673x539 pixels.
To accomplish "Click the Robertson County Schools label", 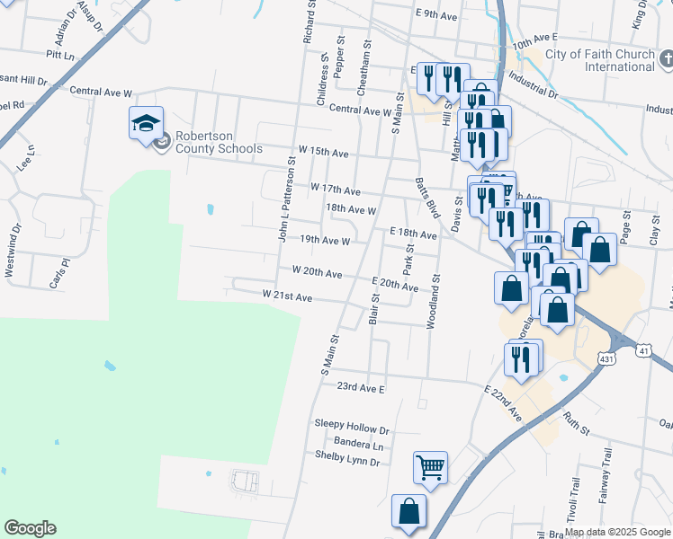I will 219,143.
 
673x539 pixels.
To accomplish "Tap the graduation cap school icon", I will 146,124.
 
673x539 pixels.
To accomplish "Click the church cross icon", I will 667,60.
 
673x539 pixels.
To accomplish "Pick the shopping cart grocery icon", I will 430,467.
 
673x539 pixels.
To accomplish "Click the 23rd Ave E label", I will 361,388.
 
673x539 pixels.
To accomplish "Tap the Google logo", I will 30,528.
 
